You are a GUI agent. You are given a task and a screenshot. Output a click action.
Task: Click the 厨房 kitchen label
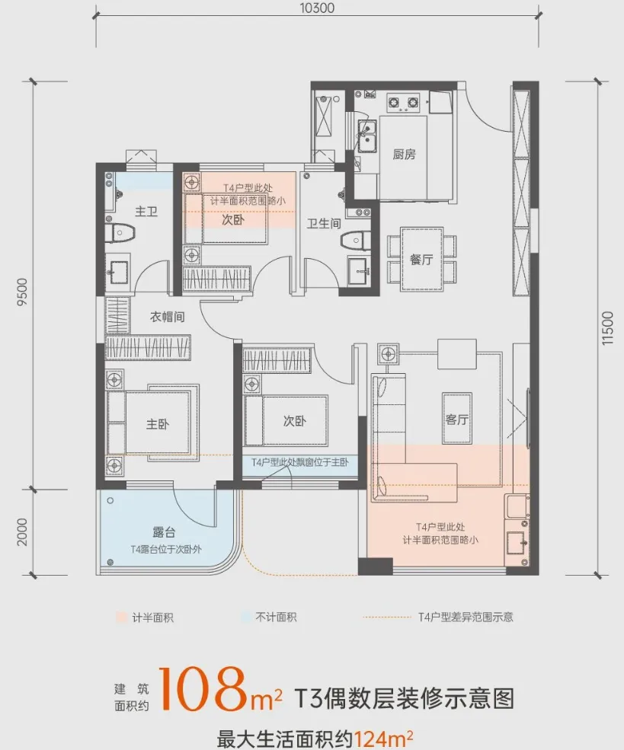click(x=404, y=154)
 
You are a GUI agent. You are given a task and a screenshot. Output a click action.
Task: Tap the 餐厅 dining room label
click(x=421, y=259)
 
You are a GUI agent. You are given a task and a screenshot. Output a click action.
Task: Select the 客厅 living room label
click(x=456, y=420)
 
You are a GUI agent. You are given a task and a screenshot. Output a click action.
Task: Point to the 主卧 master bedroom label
click(x=158, y=424)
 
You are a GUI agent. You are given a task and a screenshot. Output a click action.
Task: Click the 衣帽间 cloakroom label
click(x=167, y=317)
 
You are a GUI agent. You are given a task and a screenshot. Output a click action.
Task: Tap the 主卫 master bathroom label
click(x=146, y=211)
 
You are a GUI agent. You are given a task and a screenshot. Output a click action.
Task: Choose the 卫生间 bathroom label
click(x=324, y=223)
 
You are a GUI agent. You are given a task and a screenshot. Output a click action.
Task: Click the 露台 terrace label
click(x=164, y=532)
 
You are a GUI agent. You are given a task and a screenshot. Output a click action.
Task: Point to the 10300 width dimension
click(x=318, y=8)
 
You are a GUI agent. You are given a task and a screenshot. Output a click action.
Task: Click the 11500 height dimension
click(x=607, y=328)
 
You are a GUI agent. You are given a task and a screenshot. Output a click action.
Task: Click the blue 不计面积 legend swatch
click(x=246, y=617)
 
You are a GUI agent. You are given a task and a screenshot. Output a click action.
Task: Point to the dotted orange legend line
click(x=387, y=618)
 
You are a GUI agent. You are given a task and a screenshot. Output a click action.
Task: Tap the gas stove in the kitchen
click(x=403, y=102)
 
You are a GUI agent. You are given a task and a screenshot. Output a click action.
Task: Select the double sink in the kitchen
click(x=367, y=136)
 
